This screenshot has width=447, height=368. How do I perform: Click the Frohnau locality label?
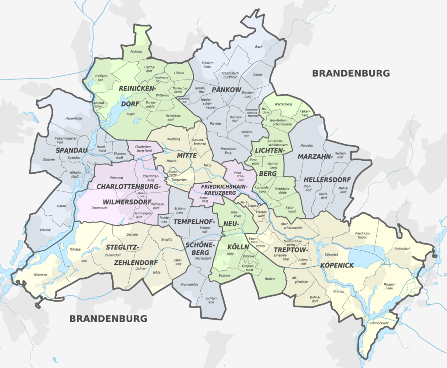137,52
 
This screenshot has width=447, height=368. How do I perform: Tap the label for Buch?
259,47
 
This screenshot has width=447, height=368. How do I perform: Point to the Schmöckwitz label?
379,323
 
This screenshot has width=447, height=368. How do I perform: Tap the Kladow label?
45,230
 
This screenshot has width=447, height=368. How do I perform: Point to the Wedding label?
174,139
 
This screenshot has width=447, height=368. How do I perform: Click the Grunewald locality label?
100,208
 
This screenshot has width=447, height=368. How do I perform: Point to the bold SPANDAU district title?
72,150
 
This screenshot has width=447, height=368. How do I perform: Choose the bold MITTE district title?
186,155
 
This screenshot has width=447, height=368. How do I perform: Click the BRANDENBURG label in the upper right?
351,73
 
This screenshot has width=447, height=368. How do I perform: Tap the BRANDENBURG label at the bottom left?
108,319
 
